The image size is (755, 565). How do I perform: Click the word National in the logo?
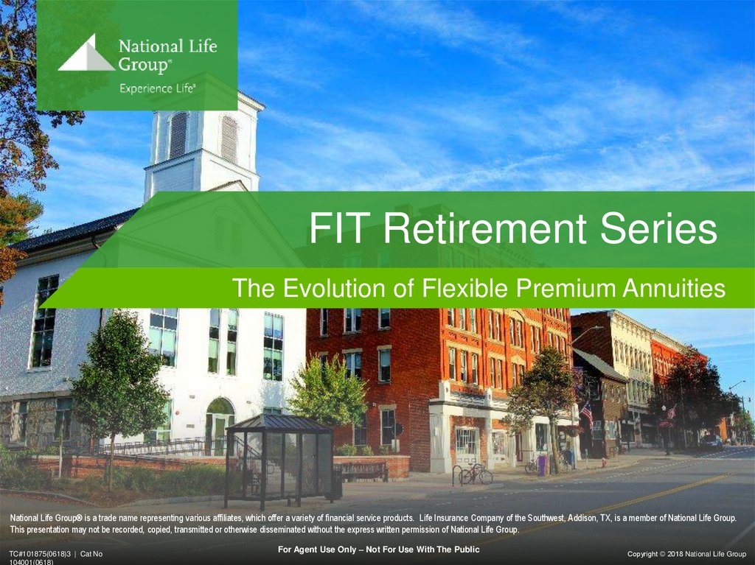click(x=145, y=46)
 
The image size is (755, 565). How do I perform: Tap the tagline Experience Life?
click(x=158, y=88)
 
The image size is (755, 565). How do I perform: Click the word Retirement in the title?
click(x=485, y=228)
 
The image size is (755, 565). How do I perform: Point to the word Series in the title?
click(x=658, y=228)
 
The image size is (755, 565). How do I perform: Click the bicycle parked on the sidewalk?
click(x=475, y=474)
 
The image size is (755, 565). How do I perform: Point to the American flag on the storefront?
click(x=587, y=414)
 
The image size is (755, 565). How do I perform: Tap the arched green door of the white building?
click(x=220, y=424)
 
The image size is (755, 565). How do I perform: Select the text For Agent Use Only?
click(x=317, y=549)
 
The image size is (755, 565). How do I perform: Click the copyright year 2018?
click(x=675, y=554)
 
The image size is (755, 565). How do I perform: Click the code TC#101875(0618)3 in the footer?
click(x=40, y=554)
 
